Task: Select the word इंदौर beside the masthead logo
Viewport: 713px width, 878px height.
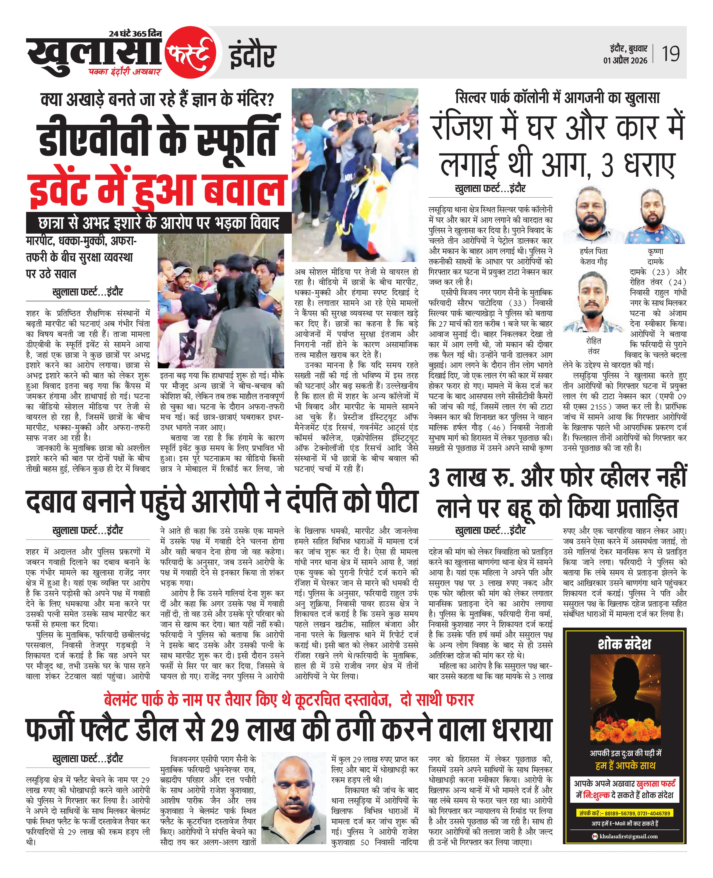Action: point(252,56)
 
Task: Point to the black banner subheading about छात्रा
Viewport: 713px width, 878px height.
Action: point(159,223)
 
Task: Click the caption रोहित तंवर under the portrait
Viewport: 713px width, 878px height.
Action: point(593,346)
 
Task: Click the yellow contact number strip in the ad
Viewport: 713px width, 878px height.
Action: point(624,813)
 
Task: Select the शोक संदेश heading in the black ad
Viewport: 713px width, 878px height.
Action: point(624,644)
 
